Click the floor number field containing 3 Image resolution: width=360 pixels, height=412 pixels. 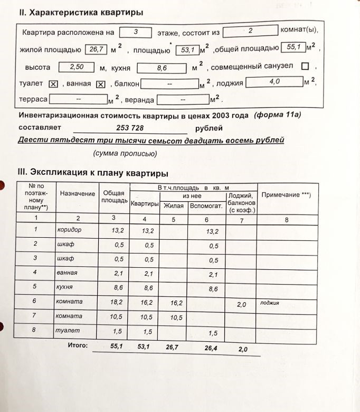136,33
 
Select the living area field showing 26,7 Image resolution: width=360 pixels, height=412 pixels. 96,50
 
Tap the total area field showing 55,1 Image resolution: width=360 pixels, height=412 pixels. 293,48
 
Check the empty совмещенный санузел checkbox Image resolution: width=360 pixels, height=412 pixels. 305,67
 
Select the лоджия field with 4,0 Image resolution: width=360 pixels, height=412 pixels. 274,82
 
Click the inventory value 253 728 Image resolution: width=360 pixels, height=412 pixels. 130,128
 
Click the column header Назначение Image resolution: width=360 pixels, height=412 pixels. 78,194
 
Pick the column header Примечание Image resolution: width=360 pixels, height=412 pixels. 287,194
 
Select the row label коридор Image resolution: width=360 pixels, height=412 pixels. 69,230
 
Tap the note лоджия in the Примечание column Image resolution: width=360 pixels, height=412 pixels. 270,303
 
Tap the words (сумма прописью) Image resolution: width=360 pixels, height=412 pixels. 125,154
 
